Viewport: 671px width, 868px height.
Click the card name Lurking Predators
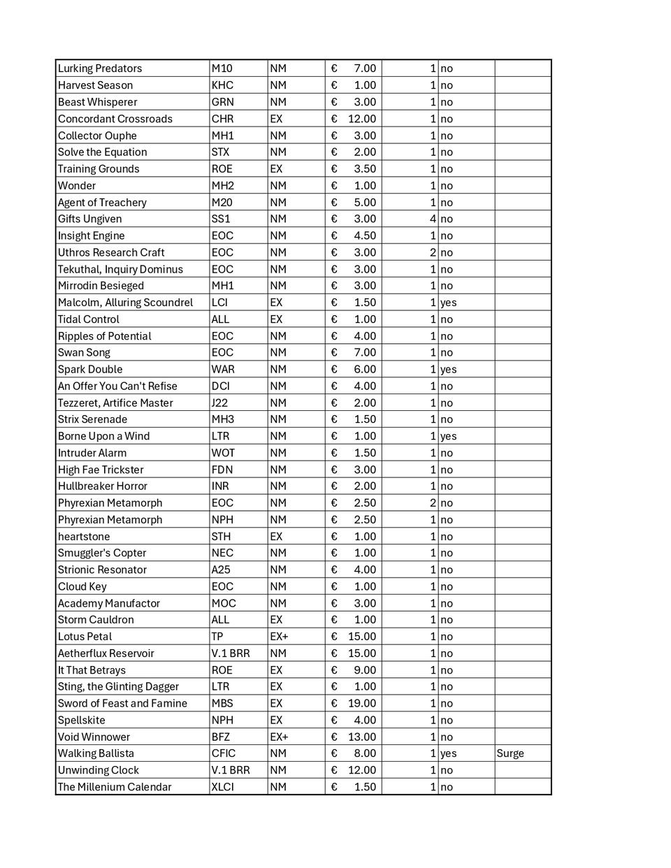100,68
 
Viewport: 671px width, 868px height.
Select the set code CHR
222,119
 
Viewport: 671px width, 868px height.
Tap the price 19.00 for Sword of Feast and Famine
362,703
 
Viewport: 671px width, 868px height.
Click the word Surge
510,753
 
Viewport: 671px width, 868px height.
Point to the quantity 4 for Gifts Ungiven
433,219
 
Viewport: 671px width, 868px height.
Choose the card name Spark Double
90,369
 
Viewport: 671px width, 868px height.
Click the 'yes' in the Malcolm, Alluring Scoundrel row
448,303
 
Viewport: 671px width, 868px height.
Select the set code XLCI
224,787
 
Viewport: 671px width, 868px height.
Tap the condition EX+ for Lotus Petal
279,637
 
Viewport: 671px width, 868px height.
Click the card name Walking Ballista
96,753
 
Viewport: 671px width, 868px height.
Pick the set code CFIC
224,753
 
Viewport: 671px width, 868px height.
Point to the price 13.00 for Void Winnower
362,737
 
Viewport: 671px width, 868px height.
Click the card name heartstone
84,537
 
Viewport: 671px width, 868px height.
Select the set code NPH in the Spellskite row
222,720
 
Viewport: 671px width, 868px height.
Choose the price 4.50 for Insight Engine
365,236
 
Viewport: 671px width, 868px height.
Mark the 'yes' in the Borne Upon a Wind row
448,436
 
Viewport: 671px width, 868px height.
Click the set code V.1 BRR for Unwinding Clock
231,770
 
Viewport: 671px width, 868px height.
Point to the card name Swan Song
84,352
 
